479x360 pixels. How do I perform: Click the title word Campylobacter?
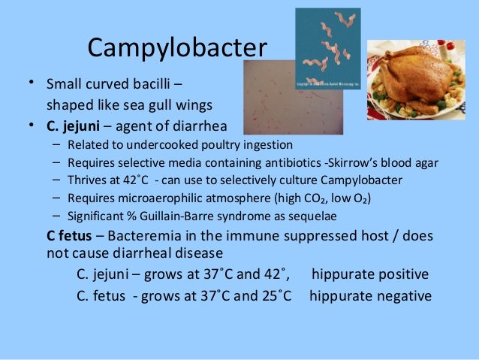pos(177,48)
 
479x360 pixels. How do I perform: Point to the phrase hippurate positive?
pos(370,274)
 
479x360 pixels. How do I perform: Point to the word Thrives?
pos(88,180)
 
